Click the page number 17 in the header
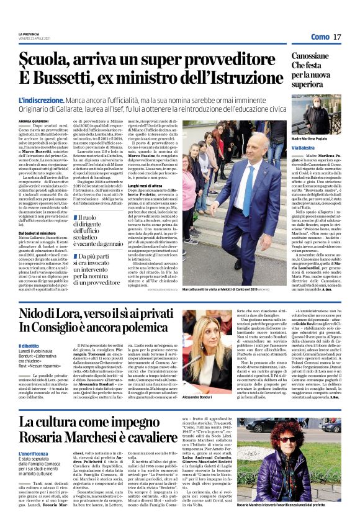337,37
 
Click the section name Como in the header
320,37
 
